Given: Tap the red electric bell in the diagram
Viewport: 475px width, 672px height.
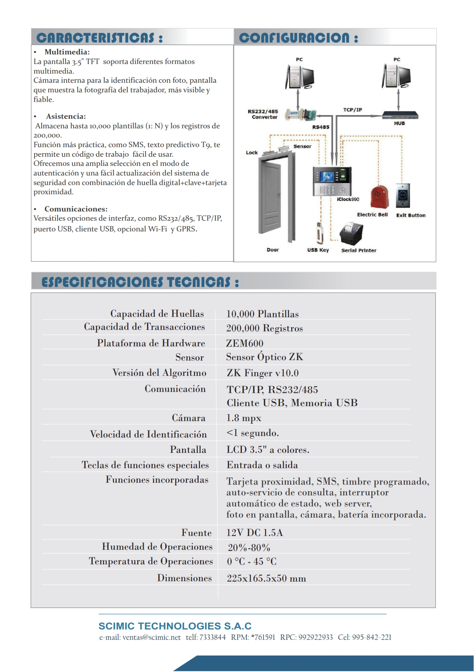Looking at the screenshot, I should click(380, 197).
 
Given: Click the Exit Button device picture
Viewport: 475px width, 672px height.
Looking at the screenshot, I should click(403, 195).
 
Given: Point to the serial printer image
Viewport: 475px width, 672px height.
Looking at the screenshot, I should click(352, 233).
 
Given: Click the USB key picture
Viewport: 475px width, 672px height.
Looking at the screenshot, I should click(319, 233).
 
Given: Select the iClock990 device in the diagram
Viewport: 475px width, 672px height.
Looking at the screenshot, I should click(332, 181).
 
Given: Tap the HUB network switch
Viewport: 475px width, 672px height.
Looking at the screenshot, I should click(399, 116).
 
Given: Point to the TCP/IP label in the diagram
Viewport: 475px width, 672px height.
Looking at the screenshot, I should click(352, 110).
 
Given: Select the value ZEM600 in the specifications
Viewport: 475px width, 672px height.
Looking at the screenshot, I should click(245, 343).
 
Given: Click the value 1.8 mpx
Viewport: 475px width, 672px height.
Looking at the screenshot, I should click(243, 418).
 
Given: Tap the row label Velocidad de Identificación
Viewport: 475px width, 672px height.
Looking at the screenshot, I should click(148, 434).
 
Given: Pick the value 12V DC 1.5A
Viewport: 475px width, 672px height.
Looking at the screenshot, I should click(255, 533).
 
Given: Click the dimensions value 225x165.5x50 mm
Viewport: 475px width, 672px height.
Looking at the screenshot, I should click(266, 578).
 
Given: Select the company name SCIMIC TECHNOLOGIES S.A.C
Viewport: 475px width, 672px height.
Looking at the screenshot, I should click(175, 626).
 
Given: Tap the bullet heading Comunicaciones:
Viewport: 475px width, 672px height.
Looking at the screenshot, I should click(76, 209).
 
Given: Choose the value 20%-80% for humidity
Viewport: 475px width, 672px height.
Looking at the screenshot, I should click(249, 547).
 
